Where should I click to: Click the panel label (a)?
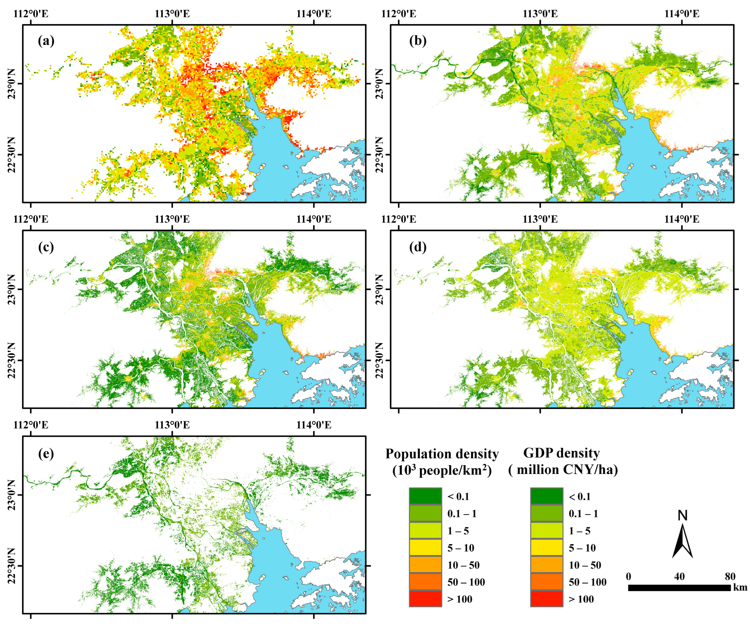46,41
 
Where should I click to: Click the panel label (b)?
418,41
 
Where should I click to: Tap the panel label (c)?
46,247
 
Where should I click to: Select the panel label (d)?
418,247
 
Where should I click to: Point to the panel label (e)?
46,453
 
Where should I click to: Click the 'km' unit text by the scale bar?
740,587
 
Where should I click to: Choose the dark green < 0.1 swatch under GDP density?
546,496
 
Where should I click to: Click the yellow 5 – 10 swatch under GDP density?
546,548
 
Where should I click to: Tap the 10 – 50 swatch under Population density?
425,565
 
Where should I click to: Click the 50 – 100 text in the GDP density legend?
588,582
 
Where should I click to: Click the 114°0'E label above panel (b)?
682,14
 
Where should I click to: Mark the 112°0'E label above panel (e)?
31,425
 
